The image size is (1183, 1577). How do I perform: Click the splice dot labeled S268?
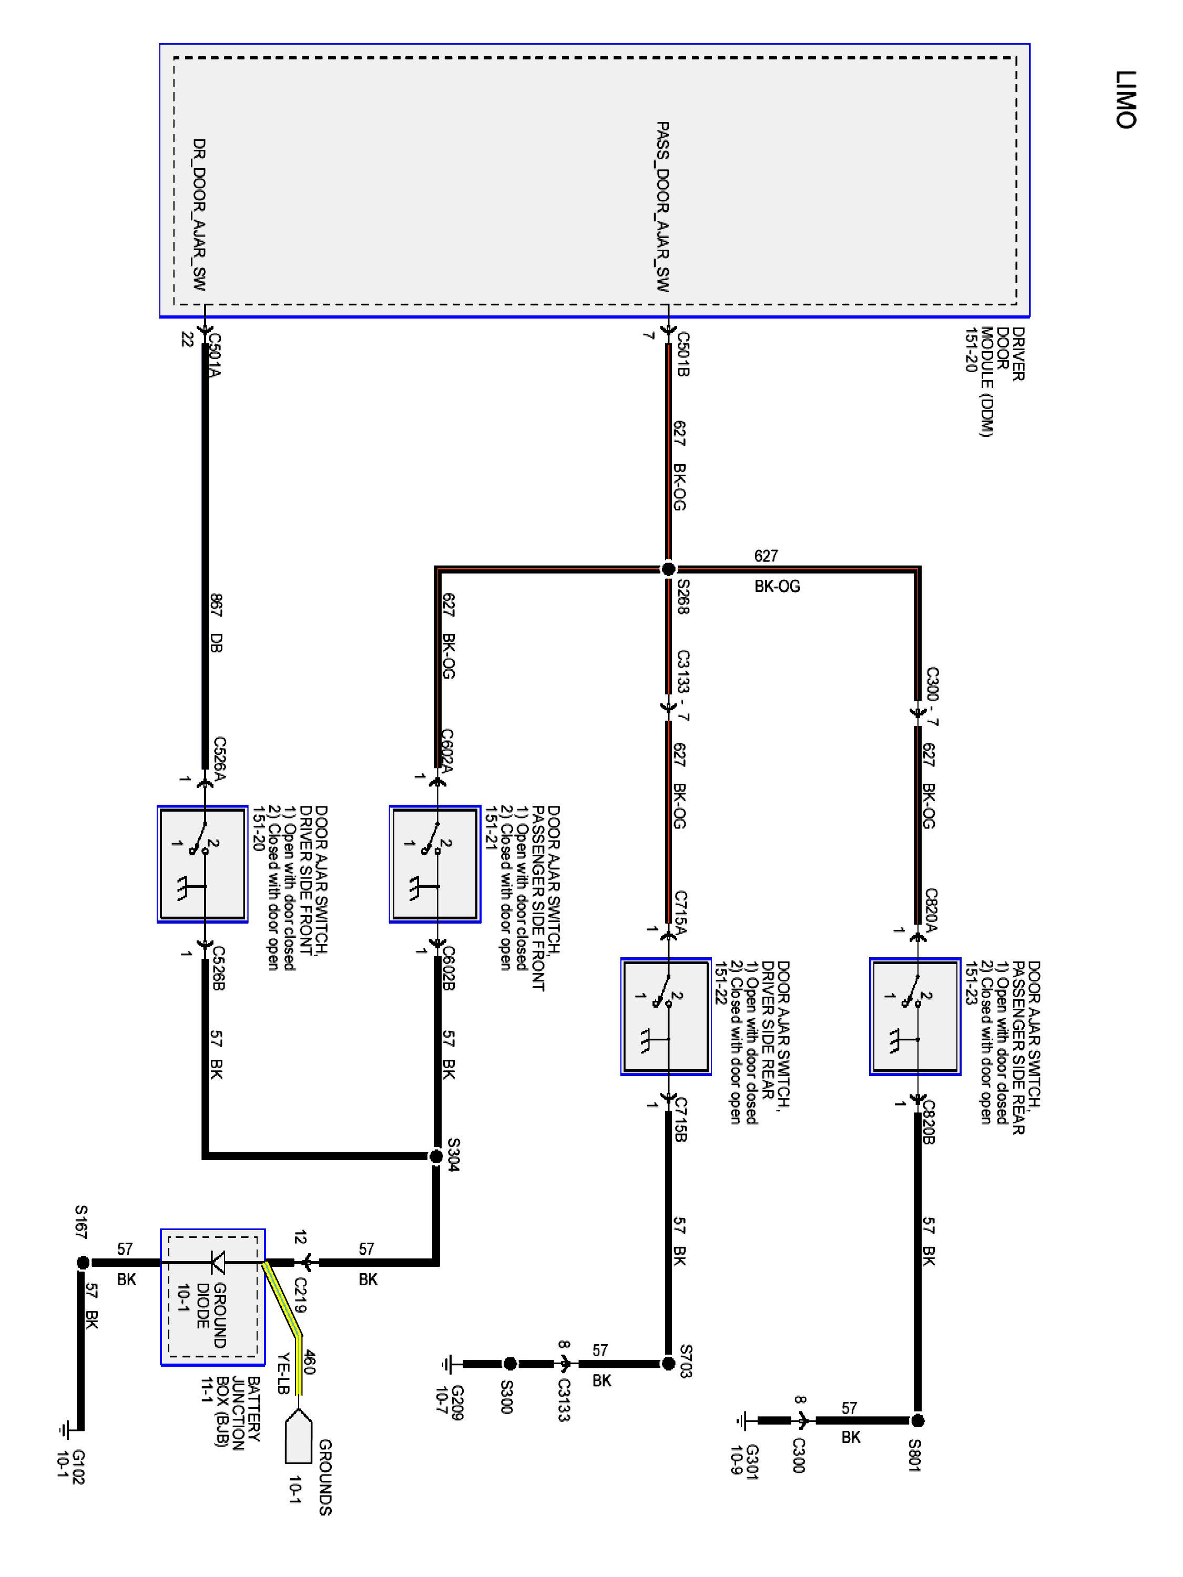(668, 569)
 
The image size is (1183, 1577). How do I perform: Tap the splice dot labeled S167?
(83, 1263)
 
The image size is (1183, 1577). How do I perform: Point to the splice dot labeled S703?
(668, 1364)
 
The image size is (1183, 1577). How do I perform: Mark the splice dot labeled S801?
(917, 1421)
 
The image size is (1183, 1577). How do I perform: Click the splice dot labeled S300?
(510, 1364)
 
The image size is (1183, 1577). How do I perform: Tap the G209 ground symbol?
(448, 1364)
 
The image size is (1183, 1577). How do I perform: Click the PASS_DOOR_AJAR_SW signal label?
(662, 207)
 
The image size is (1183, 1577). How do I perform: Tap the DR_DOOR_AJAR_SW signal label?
(199, 214)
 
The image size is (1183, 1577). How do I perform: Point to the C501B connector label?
(682, 354)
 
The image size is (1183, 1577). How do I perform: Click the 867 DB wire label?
(216, 622)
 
